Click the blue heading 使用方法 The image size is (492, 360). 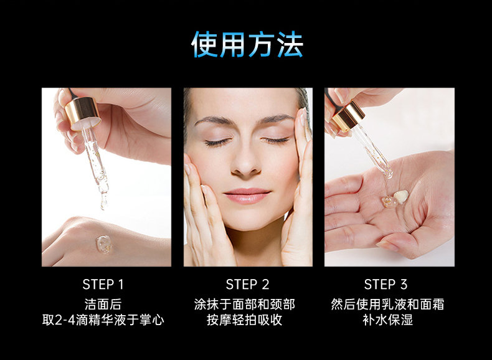point(247,44)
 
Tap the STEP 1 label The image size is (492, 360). point(103,285)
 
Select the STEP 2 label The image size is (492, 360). point(248,285)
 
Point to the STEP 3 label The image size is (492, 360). point(386,285)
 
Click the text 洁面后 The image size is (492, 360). point(103,304)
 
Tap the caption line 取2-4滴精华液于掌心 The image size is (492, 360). point(103,320)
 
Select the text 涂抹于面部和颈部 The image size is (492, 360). point(245,304)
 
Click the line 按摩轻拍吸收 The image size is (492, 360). point(245,320)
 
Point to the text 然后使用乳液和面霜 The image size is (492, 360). point(387,304)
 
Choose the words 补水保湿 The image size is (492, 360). point(388,320)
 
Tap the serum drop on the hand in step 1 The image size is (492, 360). point(104,245)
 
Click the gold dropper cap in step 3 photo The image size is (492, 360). point(348,116)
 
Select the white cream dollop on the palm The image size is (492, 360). point(401,196)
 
